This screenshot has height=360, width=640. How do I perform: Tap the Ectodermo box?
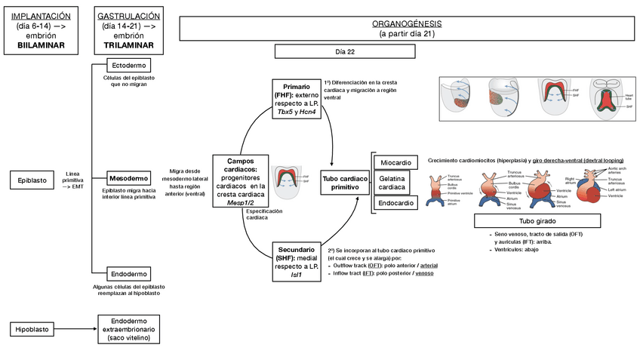pyautogui.click(x=128, y=65)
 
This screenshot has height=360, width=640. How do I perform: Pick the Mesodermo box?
pyautogui.click(x=128, y=178)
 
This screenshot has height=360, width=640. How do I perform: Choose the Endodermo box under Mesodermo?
pyautogui.click(x=128, y=272)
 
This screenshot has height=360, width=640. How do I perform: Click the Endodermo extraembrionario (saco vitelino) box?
pyautogui.click(x=128, y=329)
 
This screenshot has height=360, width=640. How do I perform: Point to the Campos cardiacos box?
pyautogui.click(x=240, y=181)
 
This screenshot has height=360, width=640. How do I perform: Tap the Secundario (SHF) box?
pyautogui.click(x=296, y=262)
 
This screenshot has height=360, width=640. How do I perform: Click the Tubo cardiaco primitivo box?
pyautogui.click(x=346, y=182)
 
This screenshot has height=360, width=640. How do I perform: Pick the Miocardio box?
pyautogui.click(x=396, y=162)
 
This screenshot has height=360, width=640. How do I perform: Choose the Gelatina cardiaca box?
pyautogui.click(x=396, y=182)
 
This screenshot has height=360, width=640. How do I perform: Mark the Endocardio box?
pyautogui.click(x=396, y=203)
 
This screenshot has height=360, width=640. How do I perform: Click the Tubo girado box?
pyautogui.click(x=537, y=221)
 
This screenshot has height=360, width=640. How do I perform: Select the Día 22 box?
pyautogui.click(x=345, y=51)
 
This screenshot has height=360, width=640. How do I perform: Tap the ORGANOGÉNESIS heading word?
pyautogui.click(x=407, y=24)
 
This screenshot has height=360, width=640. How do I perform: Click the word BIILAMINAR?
pyautogui.click(x=42, y=45)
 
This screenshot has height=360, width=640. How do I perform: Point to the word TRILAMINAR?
pyautogui.click(x=128, y=45)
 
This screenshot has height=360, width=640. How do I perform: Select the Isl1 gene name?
pyautogui.click(x=296, y=275)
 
